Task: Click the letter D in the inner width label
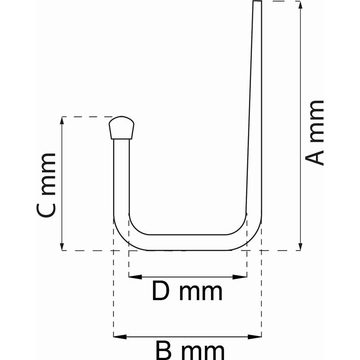pyautogui.click(x=161, y=291)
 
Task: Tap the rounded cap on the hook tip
pyautogui.click(x=121, y=128)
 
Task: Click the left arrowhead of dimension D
pyautogui.click(x=135, y=277)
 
